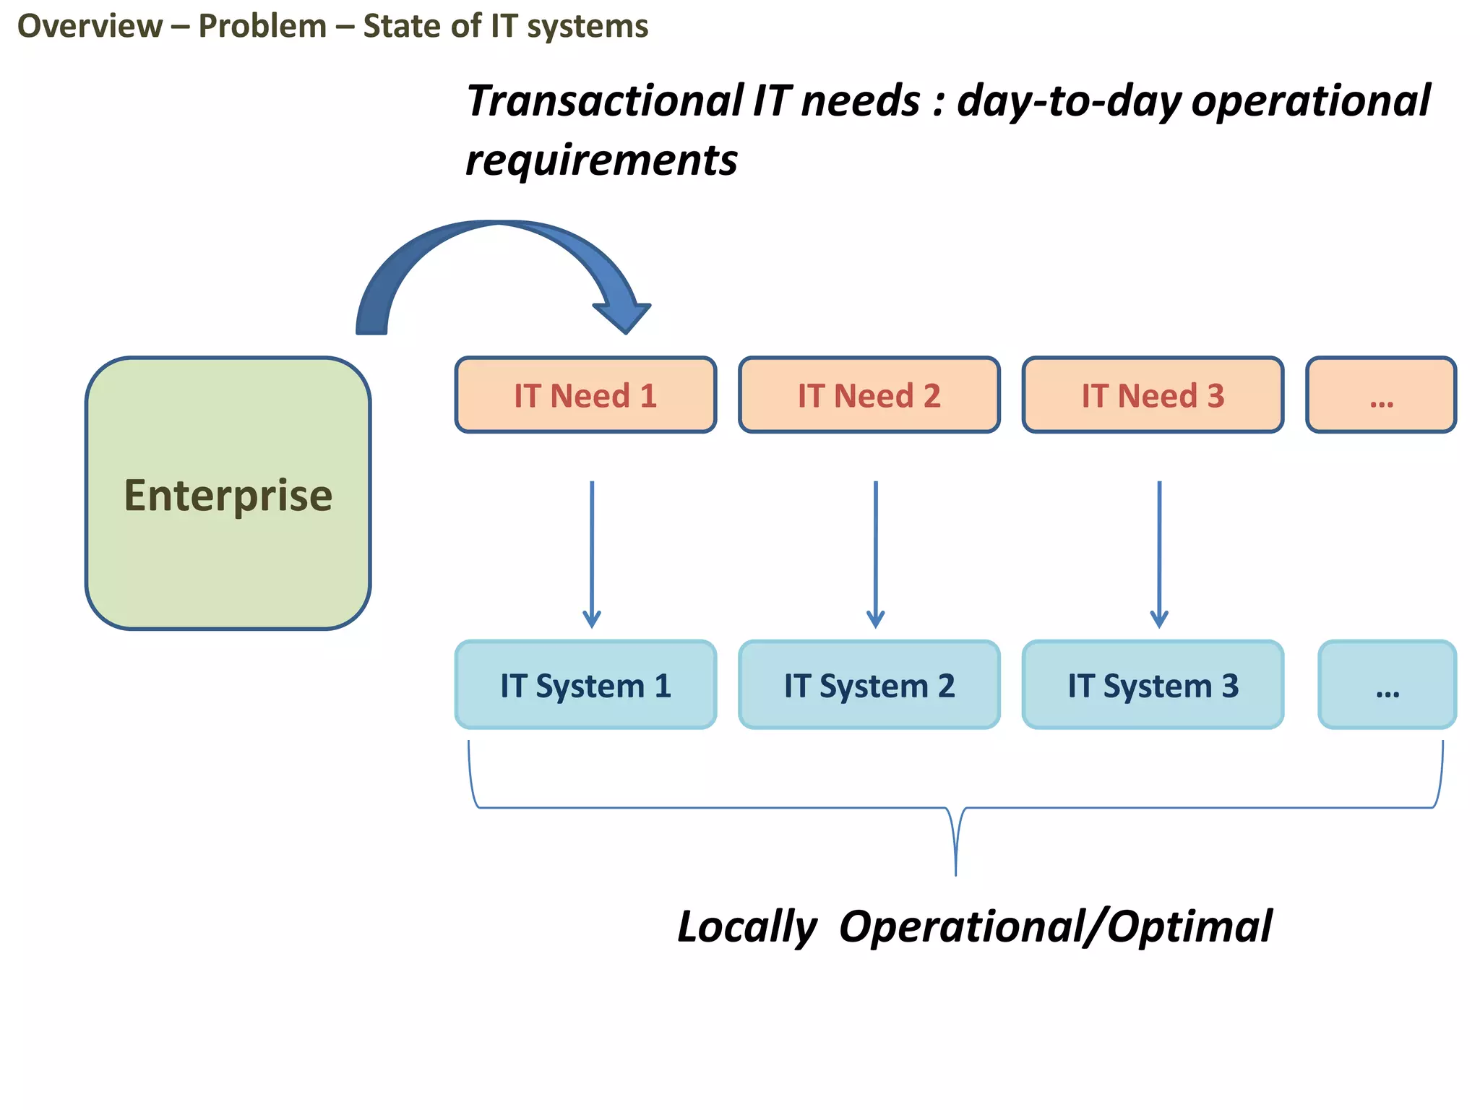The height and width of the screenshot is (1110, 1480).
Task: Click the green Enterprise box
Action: pos(228,493)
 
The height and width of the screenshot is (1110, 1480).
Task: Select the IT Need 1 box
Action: pos(585,395)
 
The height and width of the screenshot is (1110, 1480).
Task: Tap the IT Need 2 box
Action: pos(869,395)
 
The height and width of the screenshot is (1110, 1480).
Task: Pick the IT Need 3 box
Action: pos(1153,395)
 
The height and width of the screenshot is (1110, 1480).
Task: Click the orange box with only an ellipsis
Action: pos(1381,395)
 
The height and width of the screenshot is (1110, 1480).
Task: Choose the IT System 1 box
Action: pos(585,685)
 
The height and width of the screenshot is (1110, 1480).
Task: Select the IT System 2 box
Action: pos(869,685)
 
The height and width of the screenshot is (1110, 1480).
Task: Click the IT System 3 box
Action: pos(1153,685)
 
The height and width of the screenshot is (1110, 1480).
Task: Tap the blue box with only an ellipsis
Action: pos(1387,685)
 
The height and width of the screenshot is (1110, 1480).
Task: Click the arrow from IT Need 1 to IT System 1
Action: pos(592,553)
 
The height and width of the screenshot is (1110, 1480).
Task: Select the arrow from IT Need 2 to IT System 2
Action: pos(875,553)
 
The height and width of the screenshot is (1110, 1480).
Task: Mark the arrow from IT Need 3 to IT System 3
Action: pos(1159,553)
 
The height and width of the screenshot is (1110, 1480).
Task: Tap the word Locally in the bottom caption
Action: pos(747,927)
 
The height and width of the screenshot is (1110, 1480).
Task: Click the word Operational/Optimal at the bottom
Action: pos(1055,927)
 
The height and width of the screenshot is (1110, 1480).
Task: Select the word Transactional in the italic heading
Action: pos(605,100)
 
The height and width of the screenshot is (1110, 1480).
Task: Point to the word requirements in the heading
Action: pos(601,160)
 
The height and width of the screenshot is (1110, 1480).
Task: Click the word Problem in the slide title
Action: pos(262,27)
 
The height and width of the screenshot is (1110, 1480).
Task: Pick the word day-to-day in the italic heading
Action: pos(1068,100)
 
